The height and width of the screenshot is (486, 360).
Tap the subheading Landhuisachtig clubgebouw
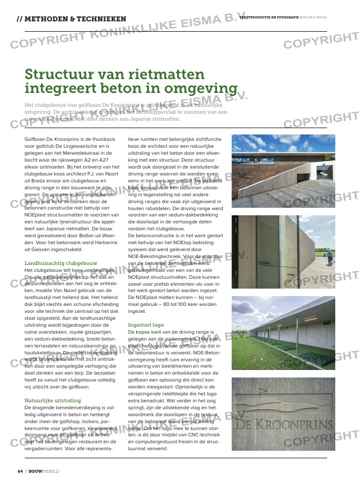pyautogui.click(x=61, y=263)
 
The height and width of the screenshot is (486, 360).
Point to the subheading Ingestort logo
pyautogui.click(x=145, y=325)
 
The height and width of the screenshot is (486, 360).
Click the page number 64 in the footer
pyautogui.click(x=20, y=471)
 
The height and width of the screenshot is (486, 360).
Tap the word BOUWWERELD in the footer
pyautogui.click(x=44, y=471)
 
